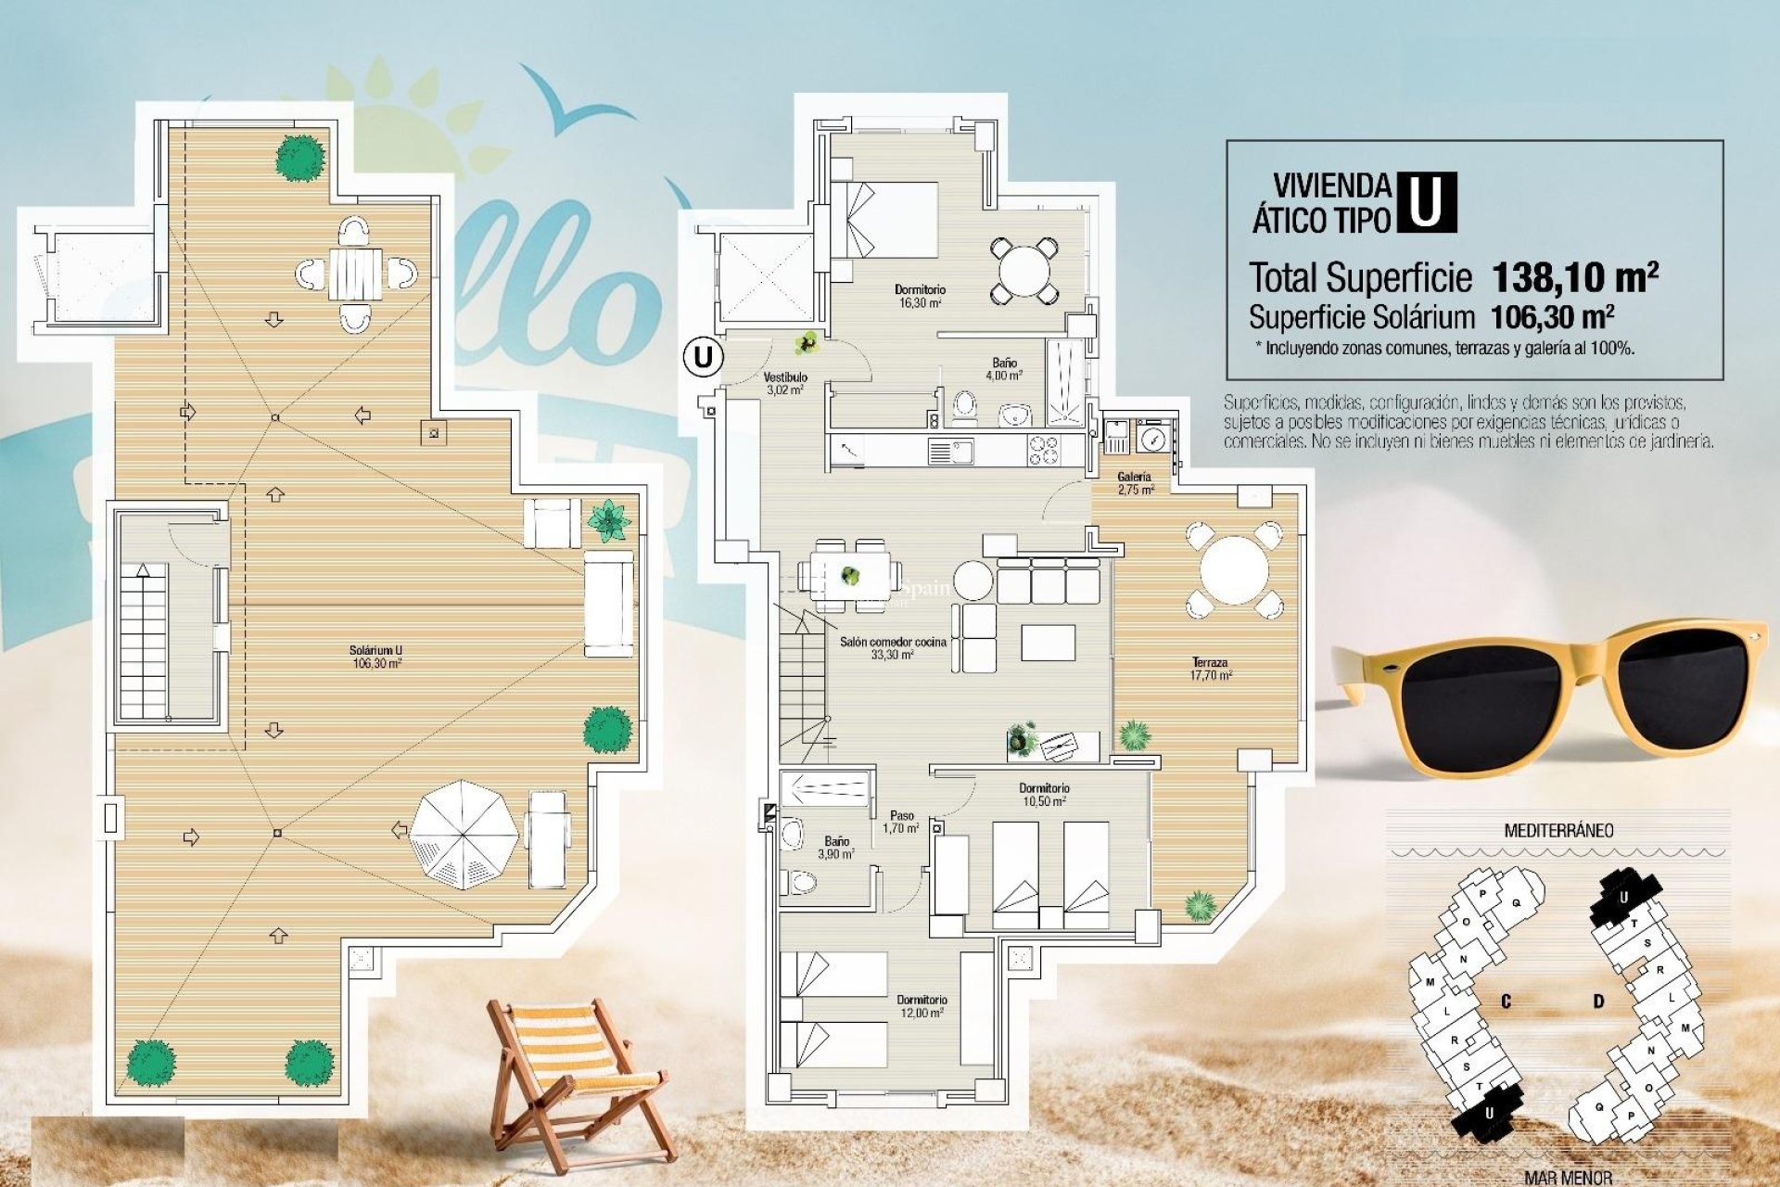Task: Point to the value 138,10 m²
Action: pos(1574,276)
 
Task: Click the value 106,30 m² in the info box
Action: pos(1552,317)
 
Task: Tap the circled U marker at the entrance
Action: pos(704,356)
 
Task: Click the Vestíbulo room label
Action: pos(785,383)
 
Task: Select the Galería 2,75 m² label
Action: pos(1135,482)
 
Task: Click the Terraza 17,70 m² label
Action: pos(1210,669)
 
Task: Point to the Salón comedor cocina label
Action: pos(893,647)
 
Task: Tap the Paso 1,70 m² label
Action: pos(900,822)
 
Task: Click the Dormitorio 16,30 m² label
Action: pos(920,296)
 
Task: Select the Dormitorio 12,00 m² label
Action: pos(922,1006)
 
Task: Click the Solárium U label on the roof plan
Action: pos(376,657)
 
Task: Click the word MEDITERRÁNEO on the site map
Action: pos(1557,830)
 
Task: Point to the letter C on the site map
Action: pos(1506,1002)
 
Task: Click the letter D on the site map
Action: pos(1598,1002)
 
